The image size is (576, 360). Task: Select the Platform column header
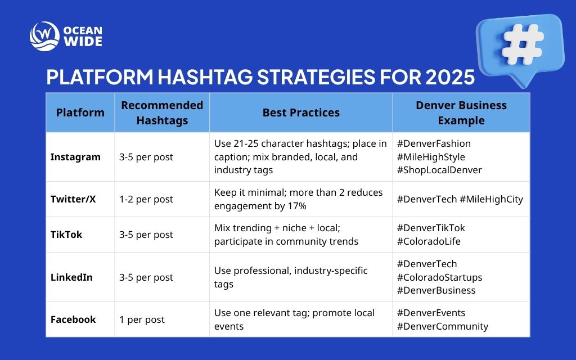tap(80, 112)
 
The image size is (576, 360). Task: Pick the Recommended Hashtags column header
tap(162, 112)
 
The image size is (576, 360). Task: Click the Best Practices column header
tap(301, 112)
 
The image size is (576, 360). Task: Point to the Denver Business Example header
tap(461, 112)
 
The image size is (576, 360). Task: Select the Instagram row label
tap(75, 157)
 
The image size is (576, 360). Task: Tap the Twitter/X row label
tap(73, 199)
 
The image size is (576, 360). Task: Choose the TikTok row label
tap(66, 235)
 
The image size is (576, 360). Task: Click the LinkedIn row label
tap(71, 277)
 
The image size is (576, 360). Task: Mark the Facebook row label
tap(73, 319)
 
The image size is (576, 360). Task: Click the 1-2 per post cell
tap(146, 199)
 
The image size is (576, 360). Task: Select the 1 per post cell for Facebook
tap(142, 319)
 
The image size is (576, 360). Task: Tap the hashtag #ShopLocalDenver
tap(439, 170)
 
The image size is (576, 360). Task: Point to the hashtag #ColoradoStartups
tap(439, 277)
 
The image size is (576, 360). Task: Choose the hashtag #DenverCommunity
tap(442, 326)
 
